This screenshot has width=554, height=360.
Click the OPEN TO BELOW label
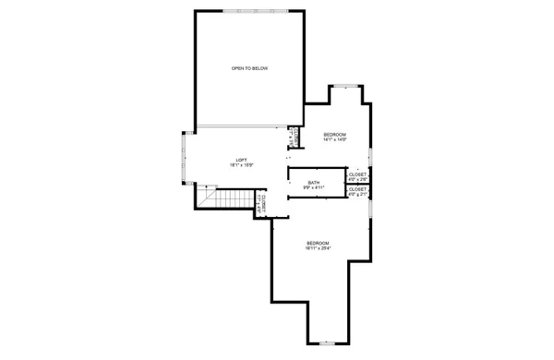coord(249,69)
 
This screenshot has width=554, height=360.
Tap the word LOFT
coord(241,160)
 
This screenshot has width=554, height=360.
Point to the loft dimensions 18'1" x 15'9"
coord(241,165)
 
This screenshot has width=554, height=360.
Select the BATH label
coord(314,182)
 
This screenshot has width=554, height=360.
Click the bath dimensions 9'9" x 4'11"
coord(314,187)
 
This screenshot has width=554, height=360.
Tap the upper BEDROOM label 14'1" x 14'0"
coord(334,135)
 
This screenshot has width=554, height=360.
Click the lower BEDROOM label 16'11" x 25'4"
coord(318,243)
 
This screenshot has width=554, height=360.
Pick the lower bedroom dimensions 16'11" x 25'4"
coord(318,248)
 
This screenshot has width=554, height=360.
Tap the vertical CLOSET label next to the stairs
coord(263,205)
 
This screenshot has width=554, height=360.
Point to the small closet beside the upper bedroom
coord(295,137)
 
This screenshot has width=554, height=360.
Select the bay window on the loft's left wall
coord(186,158)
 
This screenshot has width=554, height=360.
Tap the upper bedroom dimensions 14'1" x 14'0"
coord(334,140)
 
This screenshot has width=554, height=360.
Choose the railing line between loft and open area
coord(240,126)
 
